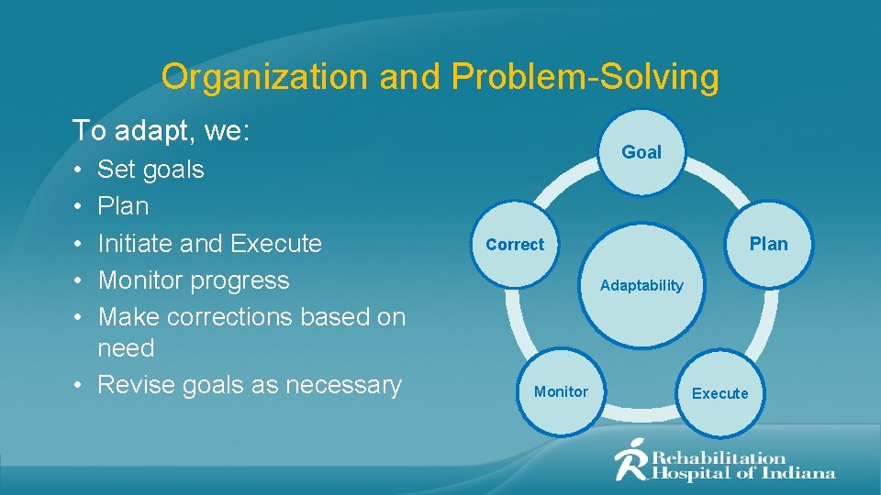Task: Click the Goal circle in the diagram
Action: click(641, 153)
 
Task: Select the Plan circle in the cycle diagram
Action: click(768, 244)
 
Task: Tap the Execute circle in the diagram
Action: click(719, 393)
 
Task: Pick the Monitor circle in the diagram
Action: click(561, 391)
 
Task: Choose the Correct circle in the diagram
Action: click(515, 245)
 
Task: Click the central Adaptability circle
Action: click(641, 285)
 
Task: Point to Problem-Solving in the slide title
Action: click(585, 77)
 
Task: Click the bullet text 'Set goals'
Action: click(151, 170)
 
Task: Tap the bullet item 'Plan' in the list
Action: click(123, 206)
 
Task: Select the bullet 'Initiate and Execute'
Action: click(209, 244)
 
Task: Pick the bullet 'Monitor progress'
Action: click(193, 280)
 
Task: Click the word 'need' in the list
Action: click(126, 349)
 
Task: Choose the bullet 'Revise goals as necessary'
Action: click(249, 385)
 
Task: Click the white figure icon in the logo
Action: click(631, 459)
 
